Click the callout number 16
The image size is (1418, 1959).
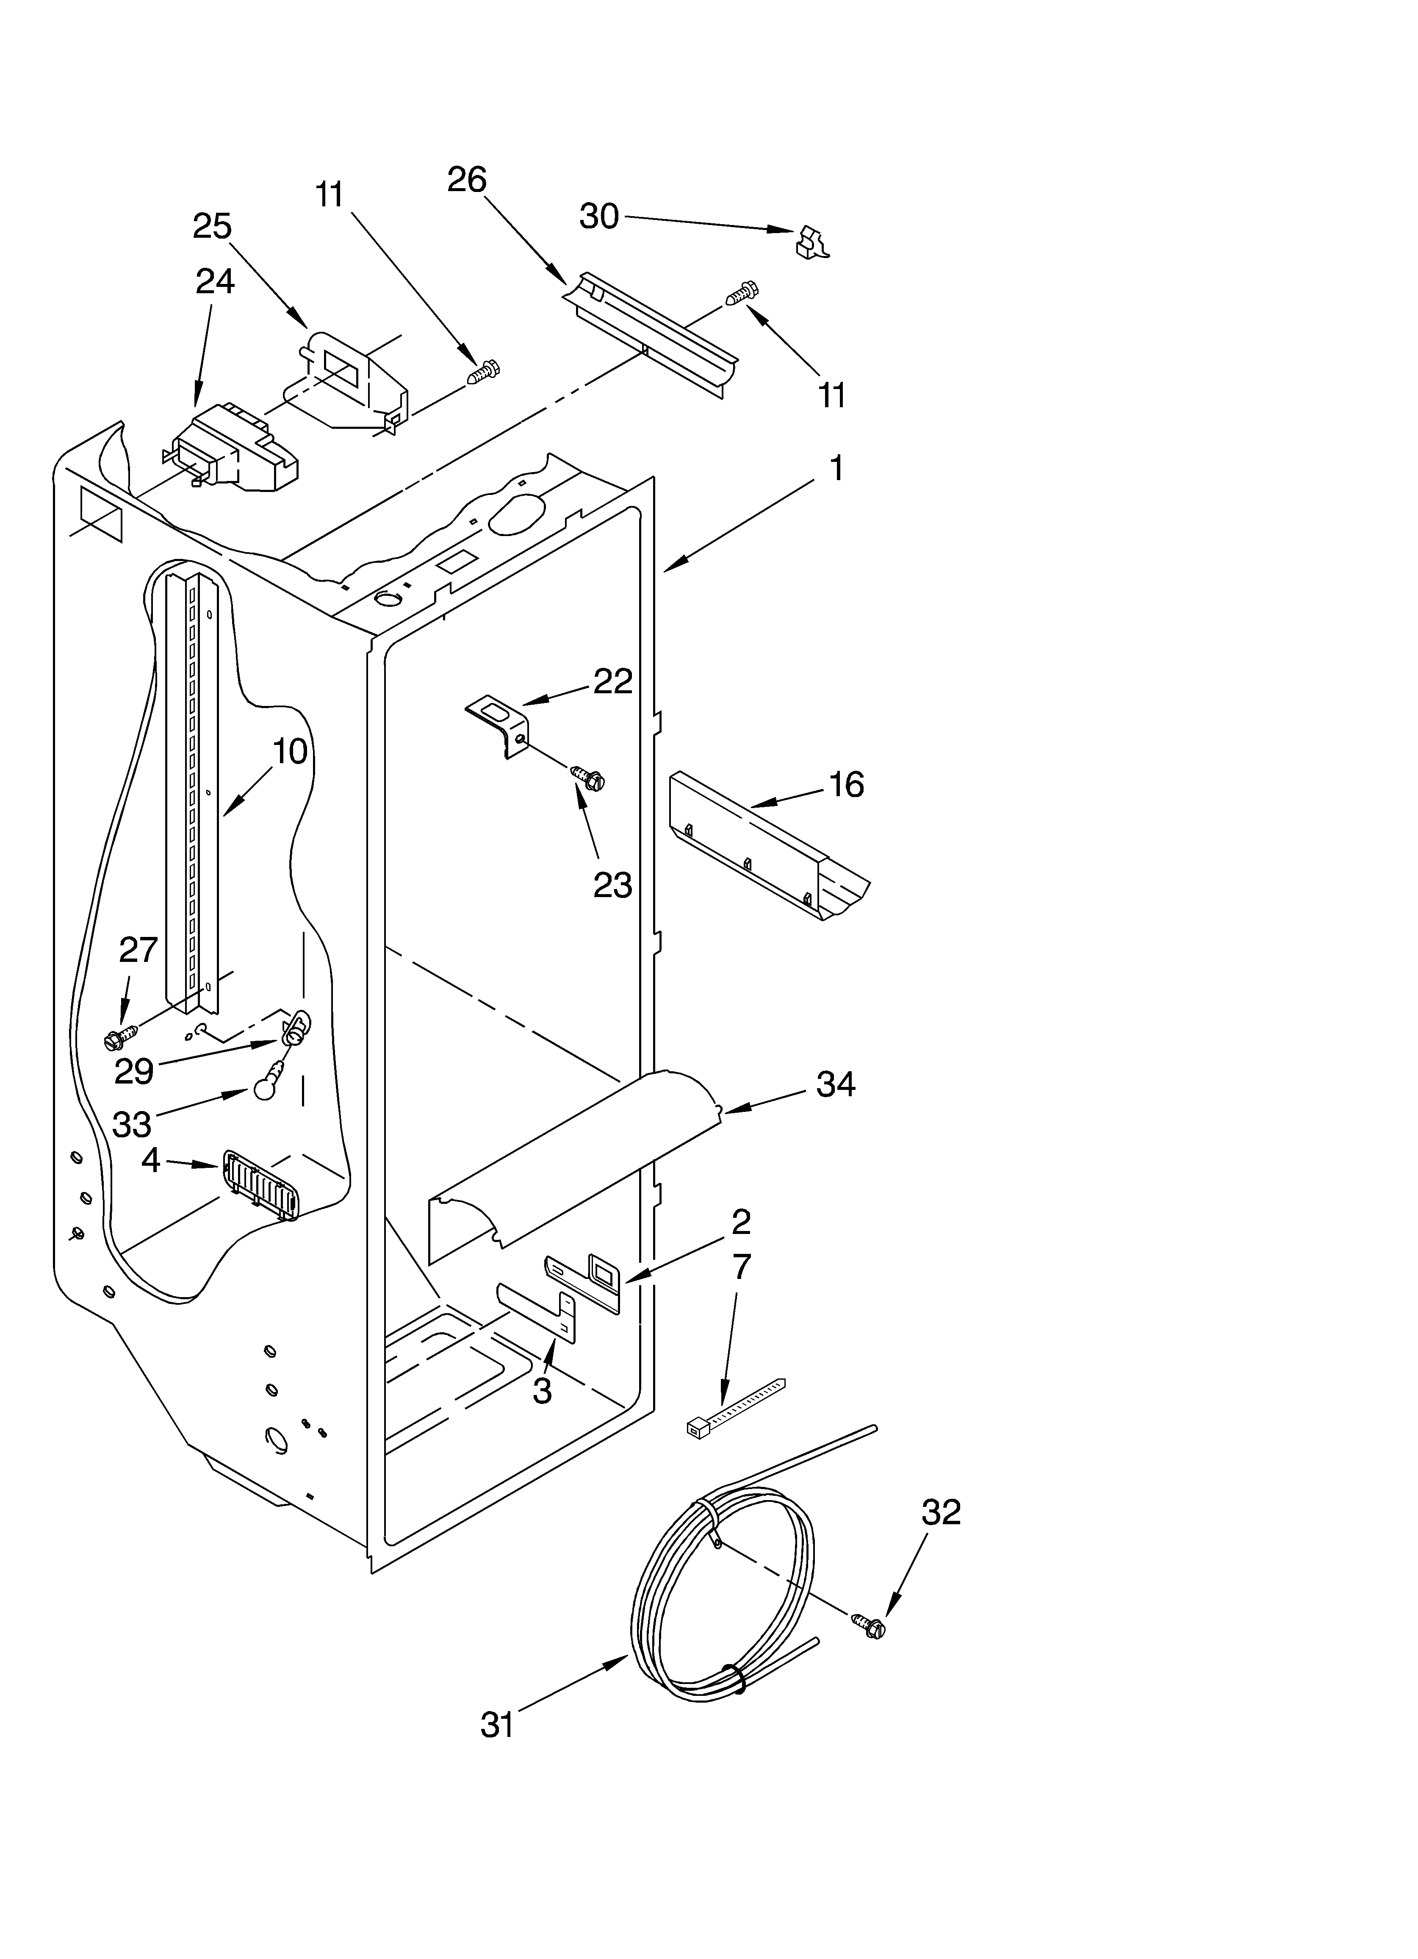point(846,784)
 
